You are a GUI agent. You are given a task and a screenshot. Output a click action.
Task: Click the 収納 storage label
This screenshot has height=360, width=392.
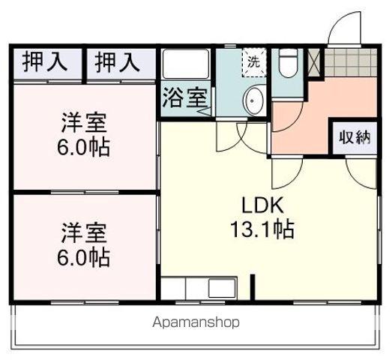(x=354, y=137)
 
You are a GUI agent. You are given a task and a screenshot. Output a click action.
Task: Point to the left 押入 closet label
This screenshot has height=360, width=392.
(x=45, y=62)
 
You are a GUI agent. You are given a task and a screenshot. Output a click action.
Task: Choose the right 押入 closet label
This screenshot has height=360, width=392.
(x=118, y=62)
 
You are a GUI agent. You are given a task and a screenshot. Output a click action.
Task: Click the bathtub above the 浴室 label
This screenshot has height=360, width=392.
(x=185, y=66)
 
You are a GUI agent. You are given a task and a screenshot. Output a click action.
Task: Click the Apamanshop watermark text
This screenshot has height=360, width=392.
(x=196, y=322)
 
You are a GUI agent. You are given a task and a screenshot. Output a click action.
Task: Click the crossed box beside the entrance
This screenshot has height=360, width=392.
(x=313, y=62)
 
